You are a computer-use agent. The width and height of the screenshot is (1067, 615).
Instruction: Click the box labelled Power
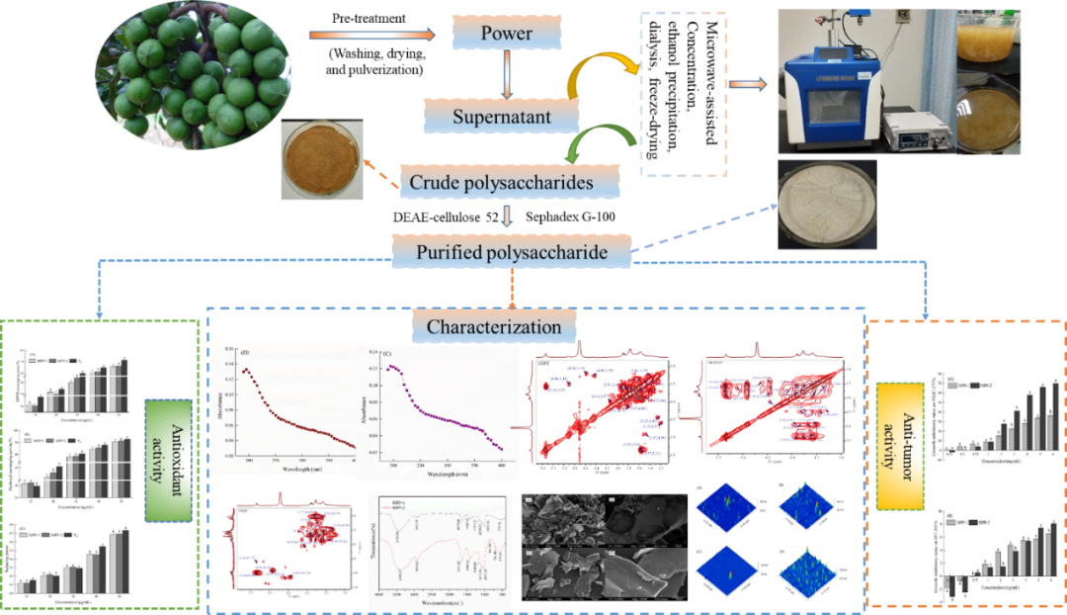click(506, 35)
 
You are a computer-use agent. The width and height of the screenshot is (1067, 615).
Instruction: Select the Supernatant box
click(501, 118)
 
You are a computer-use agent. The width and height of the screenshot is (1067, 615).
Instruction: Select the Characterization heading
click(493, 326)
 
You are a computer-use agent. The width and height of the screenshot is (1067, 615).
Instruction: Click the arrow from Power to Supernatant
click(507, 75)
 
